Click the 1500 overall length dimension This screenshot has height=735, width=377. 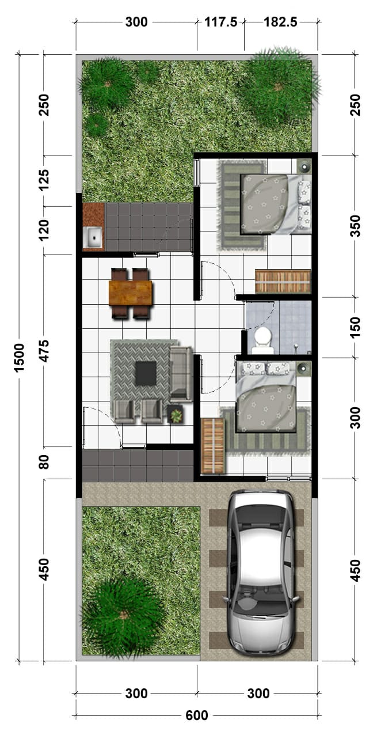(x=20, y=357)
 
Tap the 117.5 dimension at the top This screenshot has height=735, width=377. (x=220, y=22)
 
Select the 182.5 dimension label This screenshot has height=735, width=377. (x=281, y=22)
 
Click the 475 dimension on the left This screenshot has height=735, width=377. (x=44, y=351)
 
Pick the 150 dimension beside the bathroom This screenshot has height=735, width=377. (x=355, y=327)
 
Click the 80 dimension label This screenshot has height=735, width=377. (x=44, y=461)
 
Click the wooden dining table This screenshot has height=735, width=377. (x=131, y=293)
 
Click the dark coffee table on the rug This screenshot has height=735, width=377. (x=146, y=373)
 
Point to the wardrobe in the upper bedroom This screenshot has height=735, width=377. (x=283, y=281)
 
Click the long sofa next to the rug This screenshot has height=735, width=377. (x=181, y=373)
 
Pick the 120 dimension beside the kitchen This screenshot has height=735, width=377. (x=44, y=230)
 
